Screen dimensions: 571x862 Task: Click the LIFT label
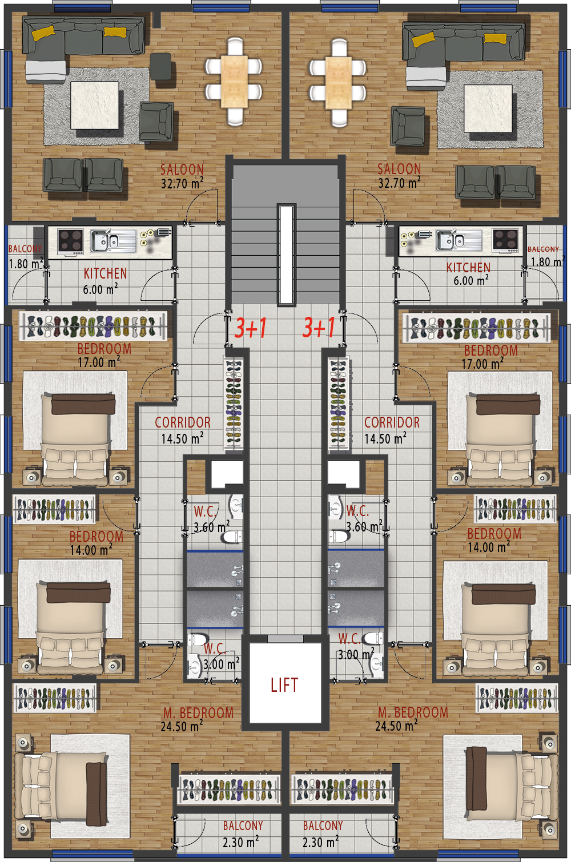coord(284,685)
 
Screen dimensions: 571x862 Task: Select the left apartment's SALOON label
coord(182,170)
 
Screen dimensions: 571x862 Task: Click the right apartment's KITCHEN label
coord(468,268)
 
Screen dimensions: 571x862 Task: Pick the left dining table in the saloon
coord(234,82)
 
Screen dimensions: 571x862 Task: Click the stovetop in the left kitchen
coord(71,241)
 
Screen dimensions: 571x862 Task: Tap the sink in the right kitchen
coord(459,241)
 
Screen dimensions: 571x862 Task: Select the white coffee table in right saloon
coord(488,108)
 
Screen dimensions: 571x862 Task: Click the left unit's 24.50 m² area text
coord(182,726)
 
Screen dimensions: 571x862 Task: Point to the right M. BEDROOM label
coord(413,712)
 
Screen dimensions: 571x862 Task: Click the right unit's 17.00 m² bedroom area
coord(482,364)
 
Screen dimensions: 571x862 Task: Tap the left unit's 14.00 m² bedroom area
coord(91,550)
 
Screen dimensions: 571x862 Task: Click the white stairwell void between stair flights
coord(287,255)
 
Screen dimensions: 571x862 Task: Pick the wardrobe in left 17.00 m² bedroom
coord(93,326)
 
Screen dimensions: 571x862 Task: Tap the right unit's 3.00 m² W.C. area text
coord(356,654)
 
